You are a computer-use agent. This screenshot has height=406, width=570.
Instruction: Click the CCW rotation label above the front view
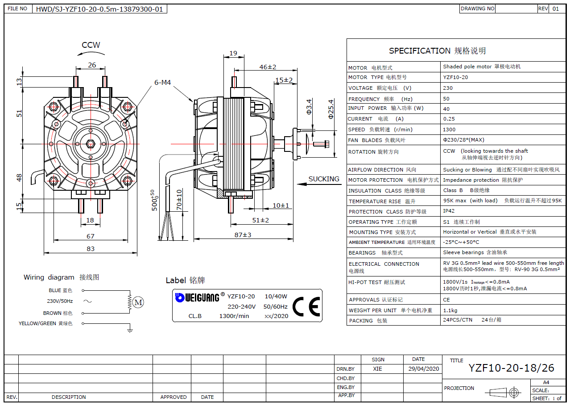pyautogui.click(x=91, y=45)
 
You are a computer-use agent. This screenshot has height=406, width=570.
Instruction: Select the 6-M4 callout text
pyautogui.click(x=162, y=83)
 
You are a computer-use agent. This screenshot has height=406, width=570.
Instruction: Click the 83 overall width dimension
pyautogui.click(x=91, y=248)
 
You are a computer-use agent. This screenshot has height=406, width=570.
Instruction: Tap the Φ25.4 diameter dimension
pyautogui.click(x=330, y=109)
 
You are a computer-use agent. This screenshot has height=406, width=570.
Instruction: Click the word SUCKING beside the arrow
pyautogui.click(x=324, y=179)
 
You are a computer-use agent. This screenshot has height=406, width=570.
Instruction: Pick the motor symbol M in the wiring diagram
pyautogui.click(x=138, y=303)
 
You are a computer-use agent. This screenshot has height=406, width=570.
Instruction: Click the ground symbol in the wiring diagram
pyautogui.click(x=130, y=330)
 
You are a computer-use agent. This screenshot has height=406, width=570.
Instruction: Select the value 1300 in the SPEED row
pyautogui.click(x=450, y=130)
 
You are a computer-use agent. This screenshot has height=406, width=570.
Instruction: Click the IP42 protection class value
pyautogui.click(x=449, y=211)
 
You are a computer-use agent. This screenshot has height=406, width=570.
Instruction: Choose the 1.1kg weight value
pyautogui.click(x=450, y=310)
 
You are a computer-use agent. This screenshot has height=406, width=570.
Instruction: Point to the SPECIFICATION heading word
pyautogui.click(x=420, y=51)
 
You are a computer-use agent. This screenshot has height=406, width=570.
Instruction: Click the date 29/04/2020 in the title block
pyautogui.click(x=424, y=369)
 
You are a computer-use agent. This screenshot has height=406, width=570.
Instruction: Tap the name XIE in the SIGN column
pyautogui.click(x=377, y=369)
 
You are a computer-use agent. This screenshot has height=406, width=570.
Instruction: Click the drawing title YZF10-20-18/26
pyautogui.click(x=511, y=368)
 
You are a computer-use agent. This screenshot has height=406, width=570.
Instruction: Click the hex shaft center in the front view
pyautogui.click(x=91, y=144)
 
